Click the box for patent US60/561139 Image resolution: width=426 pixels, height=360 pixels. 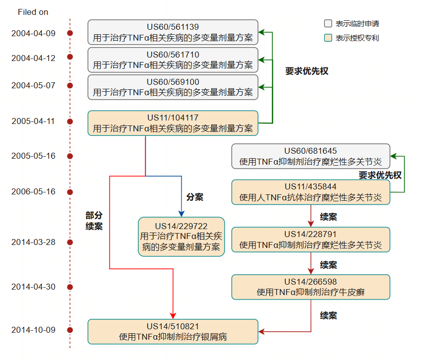coord(173,32)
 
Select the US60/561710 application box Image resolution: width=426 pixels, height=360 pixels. coord(173,60)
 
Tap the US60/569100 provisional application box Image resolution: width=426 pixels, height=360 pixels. coord(173,87)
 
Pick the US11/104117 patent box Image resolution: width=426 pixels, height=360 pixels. coord(173,123)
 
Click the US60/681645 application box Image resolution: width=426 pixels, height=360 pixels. coord(310,156)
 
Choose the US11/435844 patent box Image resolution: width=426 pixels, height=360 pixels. coord(310,192)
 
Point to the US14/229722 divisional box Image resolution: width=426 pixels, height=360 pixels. coord(181,237)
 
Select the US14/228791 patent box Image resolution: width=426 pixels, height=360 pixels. coord(310,240)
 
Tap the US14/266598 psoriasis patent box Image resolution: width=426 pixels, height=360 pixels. coord(310,287)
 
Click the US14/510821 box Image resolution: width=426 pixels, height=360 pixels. coord(173,332)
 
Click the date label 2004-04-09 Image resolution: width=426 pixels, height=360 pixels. coord(33,33)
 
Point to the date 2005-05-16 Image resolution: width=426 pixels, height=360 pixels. coord(33,156)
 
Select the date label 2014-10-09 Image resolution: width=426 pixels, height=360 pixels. coord(33,330)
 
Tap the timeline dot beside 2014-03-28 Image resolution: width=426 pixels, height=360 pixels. coord(70,242)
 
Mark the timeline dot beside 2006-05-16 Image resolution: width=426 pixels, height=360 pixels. coord(70,192)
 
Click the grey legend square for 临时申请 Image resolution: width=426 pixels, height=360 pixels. coord(328,23)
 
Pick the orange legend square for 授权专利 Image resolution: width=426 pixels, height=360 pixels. coord(328,38)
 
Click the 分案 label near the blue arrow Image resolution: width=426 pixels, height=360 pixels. coord(195,197)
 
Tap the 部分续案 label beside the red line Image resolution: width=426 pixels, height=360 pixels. coord(94,221)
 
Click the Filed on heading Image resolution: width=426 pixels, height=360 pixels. coord(33,12)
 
